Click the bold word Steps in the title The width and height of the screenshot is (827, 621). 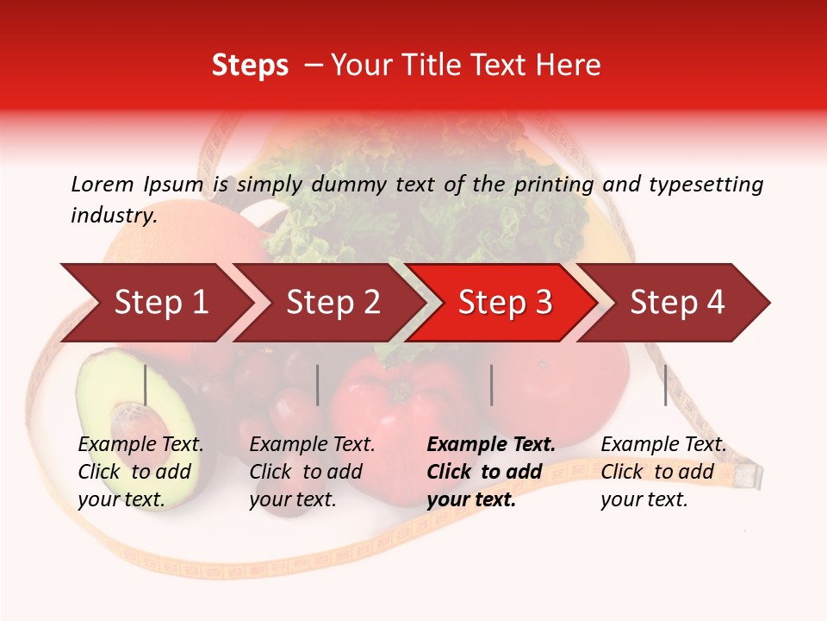coord(250,66)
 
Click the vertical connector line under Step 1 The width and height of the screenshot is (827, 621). coord(146,385)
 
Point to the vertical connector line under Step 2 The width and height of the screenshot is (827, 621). coord(318,385)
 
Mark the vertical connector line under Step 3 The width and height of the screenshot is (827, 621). coord(491,385)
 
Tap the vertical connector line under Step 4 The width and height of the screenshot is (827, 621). coord(665,385)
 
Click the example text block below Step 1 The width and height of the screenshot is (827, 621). coord(140,472)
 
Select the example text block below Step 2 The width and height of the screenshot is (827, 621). coord(312,472)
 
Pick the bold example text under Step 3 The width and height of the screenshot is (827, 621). coord(491,472)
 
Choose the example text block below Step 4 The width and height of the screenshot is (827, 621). coord(663,472)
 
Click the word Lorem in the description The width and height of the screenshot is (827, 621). coord(103,184)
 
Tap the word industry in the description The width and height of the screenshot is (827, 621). coord(114,216)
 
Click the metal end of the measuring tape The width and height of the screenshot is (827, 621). coord(748,474)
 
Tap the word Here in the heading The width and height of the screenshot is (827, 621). coord(568,66)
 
